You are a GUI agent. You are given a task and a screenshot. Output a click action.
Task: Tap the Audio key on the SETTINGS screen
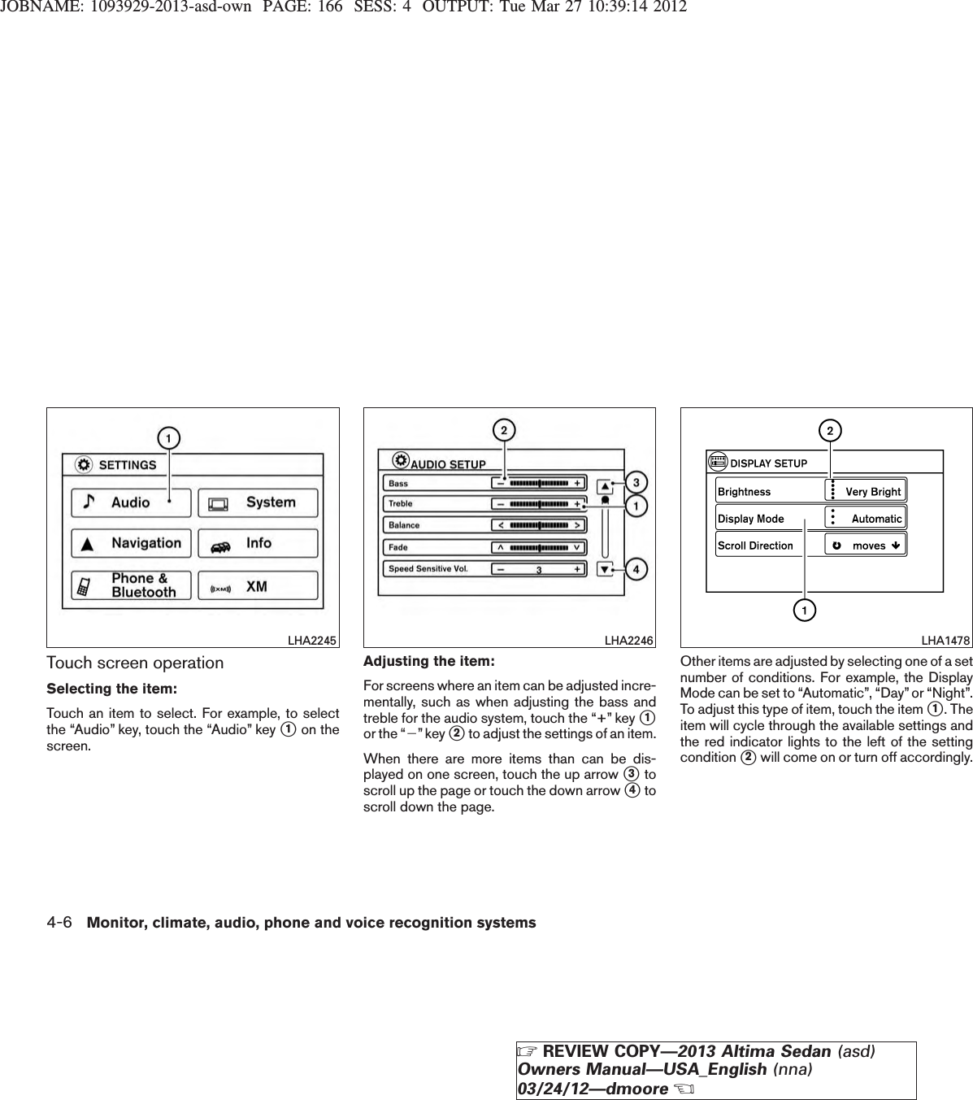(131, 502)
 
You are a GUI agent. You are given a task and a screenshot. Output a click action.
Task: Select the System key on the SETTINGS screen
(258, 502)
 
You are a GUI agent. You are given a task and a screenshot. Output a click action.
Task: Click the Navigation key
(131, 543)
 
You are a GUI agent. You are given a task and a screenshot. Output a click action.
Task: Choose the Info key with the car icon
(258, 543)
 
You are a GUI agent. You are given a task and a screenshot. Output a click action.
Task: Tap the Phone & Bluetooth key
(131, 585)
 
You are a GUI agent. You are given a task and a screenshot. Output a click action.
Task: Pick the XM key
(258, 586)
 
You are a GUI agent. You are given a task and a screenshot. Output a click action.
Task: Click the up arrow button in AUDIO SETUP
(605, 487)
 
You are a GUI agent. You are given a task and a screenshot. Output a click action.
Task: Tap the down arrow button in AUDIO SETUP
(605, 569)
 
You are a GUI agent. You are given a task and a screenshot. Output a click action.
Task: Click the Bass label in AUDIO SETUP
(398, 483)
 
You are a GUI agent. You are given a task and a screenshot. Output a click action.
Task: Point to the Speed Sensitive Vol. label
(428, 569)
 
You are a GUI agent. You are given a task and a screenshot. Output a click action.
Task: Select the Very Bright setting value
(872, 491)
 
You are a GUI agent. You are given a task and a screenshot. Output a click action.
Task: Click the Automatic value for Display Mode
(875, 518)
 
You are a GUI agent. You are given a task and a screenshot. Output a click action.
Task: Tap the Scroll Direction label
(755, 546)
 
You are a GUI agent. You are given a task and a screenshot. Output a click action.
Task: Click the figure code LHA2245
(312, 641)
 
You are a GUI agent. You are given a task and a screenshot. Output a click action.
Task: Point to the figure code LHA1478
(945, 641)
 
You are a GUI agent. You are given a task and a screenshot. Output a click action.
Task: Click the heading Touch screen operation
(135, 663)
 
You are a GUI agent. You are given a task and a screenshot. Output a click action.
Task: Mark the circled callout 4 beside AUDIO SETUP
(636, 569)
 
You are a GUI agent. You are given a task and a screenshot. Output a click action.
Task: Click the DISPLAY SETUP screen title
(768, 463)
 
